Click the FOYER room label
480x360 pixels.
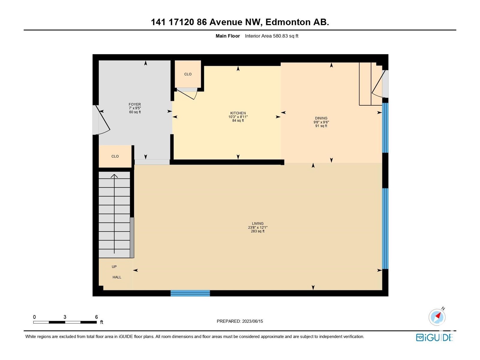click(135, 104)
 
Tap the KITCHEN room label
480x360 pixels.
click(238, 113)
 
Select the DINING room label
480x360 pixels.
click(321, 118)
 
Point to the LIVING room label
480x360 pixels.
click(258, 223)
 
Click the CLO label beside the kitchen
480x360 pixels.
click(188, 74)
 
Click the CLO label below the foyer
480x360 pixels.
click(115, 156)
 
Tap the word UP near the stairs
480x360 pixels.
click(114, 267)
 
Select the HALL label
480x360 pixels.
click(117, 277)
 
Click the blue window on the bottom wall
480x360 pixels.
click(190, 293)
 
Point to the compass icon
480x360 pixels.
click(437, 317)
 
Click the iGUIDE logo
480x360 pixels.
click(434, 337)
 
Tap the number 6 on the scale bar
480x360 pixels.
click(96, 317)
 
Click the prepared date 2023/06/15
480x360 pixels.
click(252, 321)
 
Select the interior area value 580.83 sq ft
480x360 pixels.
click(285, 36)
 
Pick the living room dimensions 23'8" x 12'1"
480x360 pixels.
click(258, 227)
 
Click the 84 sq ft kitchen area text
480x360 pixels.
click(238, 120)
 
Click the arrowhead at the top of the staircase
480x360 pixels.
click(114, 176)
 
